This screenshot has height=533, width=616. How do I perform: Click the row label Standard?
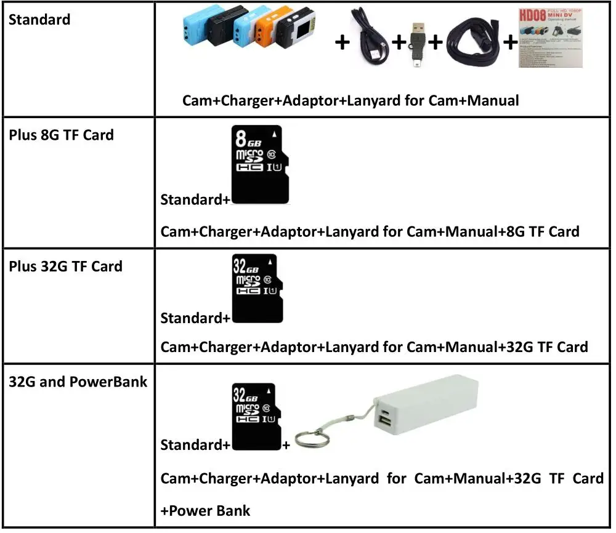click(x=39, y=20)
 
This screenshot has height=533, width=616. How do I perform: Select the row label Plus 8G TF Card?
click(x=61, y=135)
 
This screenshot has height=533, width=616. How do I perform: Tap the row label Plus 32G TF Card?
click(x=65, y=266)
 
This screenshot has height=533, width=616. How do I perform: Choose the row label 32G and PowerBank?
click(x=78, y=382)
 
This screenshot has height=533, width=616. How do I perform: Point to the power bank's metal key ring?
click(x=309, y=439)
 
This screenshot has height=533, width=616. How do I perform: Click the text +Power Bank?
click(x=205, y=511)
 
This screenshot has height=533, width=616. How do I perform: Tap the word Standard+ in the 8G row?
click(x=195, y=200)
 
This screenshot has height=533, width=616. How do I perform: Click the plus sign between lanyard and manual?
click(x=510, y=42)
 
